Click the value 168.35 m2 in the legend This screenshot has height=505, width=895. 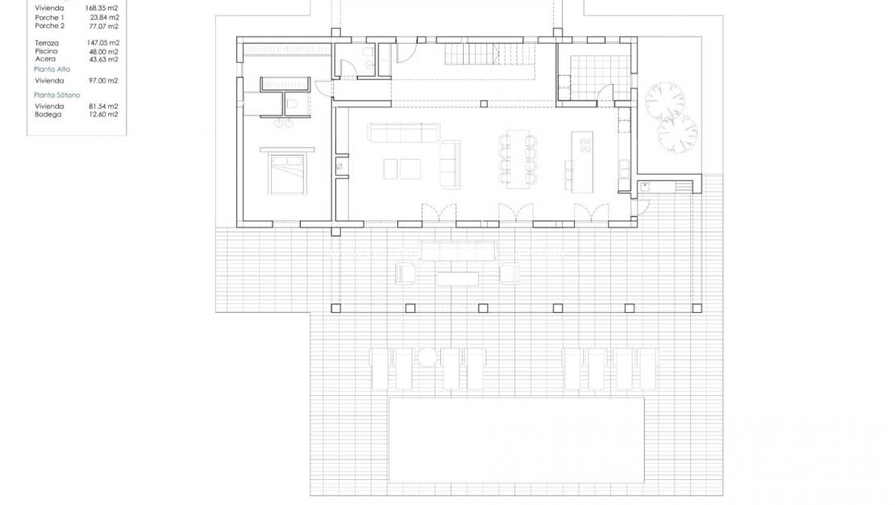point(102,8)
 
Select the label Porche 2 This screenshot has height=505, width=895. point(49,26)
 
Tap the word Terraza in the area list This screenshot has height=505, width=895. point(47,43)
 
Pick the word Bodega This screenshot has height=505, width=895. point(48,114)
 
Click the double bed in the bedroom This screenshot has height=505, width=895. point(286,173)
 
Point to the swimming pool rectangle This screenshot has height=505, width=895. point(517,440)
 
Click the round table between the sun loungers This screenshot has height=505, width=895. point(427,357)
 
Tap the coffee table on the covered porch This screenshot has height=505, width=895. point(457,278)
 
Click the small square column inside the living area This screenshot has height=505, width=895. point(483,103)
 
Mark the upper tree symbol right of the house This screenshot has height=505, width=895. point(664,99)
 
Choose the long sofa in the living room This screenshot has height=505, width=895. point(403,131)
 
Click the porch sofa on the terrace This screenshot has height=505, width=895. point(457,251)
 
